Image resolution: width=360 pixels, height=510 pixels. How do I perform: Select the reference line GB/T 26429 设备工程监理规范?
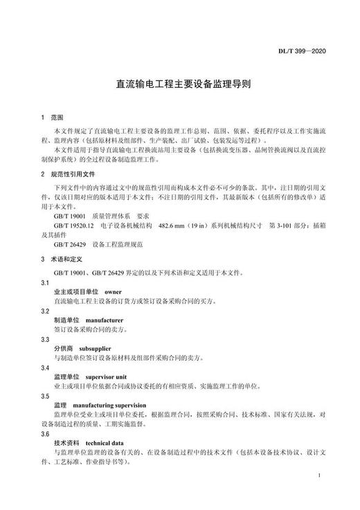(x=97, y=244)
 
